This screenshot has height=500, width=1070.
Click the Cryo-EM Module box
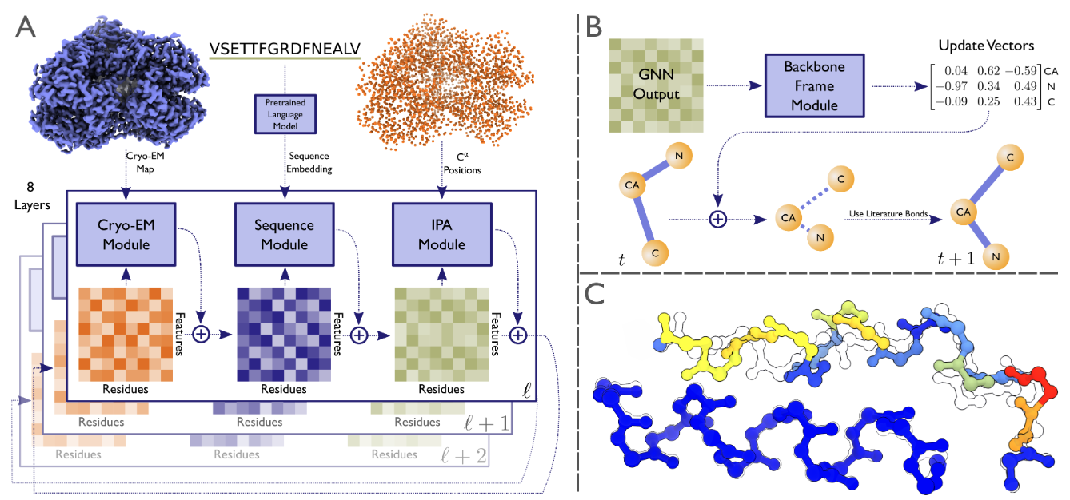tap(125, 234)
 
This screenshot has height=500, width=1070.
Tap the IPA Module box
tap(441, 234)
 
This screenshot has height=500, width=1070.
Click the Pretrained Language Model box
tap(285, 114)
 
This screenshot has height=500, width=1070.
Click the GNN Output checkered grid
tap(656, 85)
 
